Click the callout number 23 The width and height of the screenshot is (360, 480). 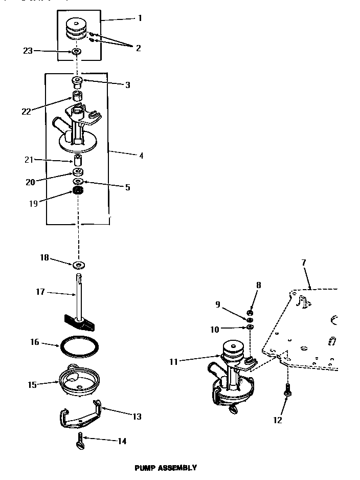[x=28, y=51]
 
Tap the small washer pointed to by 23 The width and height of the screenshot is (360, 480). [x=77, y=52]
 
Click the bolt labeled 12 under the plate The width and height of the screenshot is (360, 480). [x=288, y=391]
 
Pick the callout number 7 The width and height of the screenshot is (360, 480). [x=304, y=263]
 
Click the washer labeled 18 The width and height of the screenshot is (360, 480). [x=79, y=265]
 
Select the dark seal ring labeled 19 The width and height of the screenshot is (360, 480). [x=78, y=191]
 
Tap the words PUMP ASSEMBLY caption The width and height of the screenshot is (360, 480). [x=165, y=467]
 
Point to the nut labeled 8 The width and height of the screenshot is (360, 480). [x=250, y=313]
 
